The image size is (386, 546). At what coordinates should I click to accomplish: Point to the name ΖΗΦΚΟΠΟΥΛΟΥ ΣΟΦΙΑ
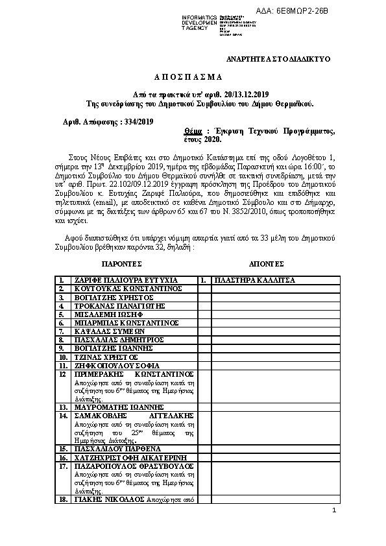116,365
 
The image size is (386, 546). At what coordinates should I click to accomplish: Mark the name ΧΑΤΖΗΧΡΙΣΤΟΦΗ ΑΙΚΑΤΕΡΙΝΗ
126,457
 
